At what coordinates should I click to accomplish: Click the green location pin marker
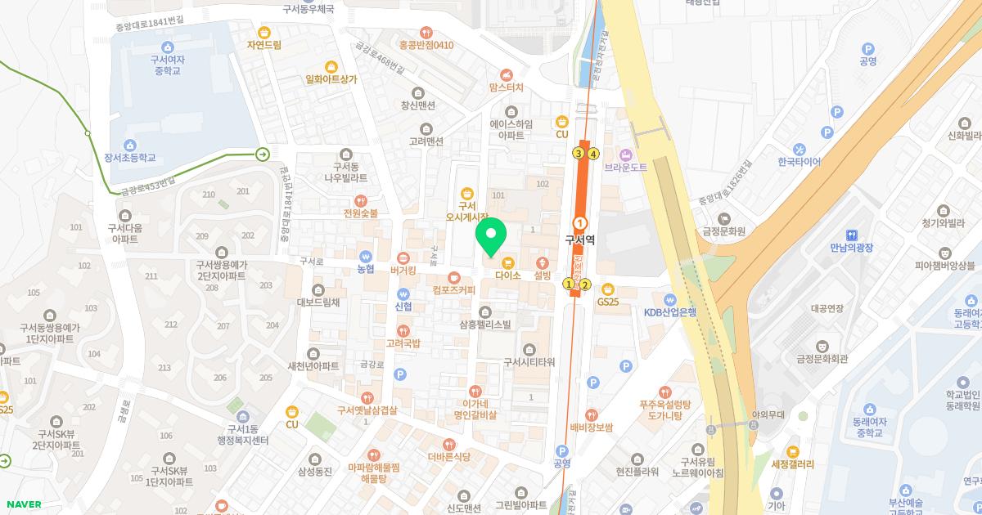click(491, 237)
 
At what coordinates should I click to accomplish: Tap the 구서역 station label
click(579, 240)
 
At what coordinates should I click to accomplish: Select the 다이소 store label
click(508, 275)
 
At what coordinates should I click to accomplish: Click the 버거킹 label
click(403, 269)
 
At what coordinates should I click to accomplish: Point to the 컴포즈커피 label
click(453, 289)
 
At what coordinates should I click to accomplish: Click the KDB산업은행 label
click(669, 311)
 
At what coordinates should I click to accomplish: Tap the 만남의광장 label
click(853, 247)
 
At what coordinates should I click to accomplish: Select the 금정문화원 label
click(723, 231)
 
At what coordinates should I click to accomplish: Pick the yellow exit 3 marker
click(579, 153)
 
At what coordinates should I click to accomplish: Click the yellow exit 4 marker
click(593, 153)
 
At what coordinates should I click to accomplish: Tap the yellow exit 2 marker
click(585, 284)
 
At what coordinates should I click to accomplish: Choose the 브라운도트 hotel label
click(626, 167)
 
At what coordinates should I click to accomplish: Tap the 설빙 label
click(542, 275)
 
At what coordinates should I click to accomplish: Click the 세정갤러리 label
click(792, 463)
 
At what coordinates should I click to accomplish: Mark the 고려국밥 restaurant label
click(403, 343)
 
